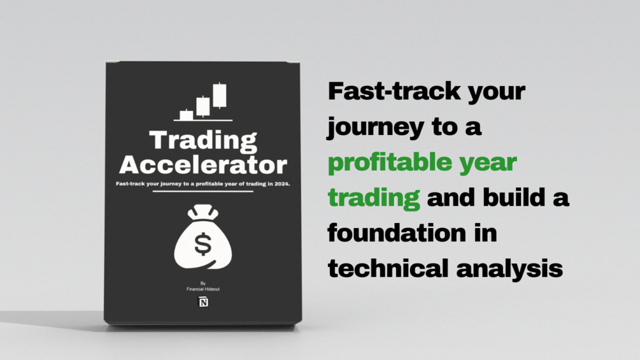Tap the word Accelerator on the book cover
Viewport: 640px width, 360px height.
coord(203,164)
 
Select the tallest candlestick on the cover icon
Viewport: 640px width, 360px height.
coord(220,95)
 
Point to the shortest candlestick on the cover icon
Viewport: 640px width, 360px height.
coord(187,115)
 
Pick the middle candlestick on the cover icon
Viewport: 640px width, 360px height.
coord(203,105)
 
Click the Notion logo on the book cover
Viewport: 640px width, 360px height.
coord(203,302)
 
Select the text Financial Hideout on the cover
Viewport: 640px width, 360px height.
coord(203,289)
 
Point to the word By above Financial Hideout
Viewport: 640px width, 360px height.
coord(203,283)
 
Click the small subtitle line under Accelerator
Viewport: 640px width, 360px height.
coord(203,184)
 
